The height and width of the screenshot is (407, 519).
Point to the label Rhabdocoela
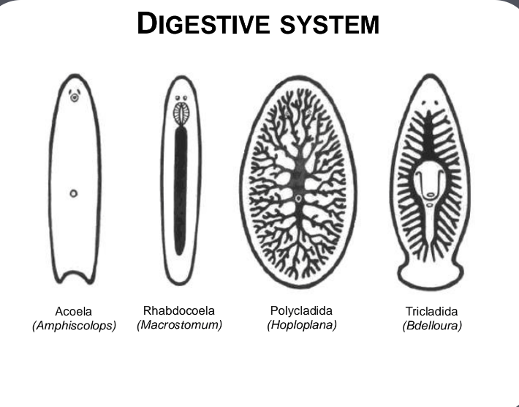[x=179, y=310]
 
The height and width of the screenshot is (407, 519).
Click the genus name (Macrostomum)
[x=179, y=324]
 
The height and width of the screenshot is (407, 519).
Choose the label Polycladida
[x=301, y=310]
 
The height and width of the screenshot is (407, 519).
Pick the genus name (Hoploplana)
[x=301, y=324]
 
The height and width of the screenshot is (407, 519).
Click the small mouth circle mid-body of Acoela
[x=73, y=193]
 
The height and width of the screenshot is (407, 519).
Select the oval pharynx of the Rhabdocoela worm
[x=180, y=114]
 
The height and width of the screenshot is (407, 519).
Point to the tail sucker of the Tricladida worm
[x=431, y=277]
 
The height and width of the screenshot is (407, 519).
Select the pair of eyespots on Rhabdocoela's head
[x=180, y=97]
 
